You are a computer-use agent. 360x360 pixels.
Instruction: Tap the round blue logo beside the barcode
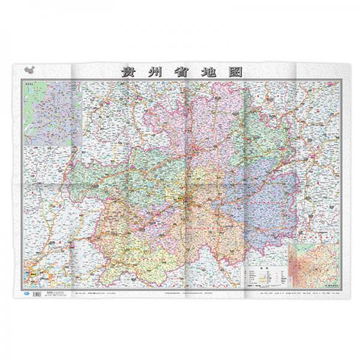26,293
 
